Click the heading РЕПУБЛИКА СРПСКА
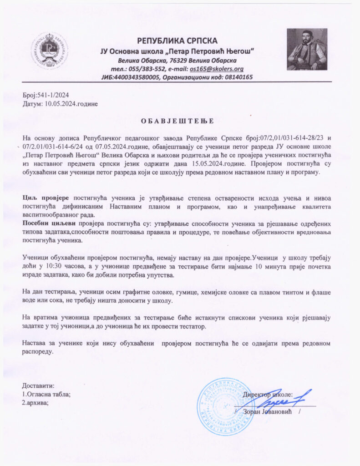(x=177, y=41)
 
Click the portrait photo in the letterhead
(x=307, y=49)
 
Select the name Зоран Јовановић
(x=267, y=411)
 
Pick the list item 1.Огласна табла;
(x=46, y=394)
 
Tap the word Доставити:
(x=38, y=385)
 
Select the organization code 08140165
(x=236, y=77)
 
